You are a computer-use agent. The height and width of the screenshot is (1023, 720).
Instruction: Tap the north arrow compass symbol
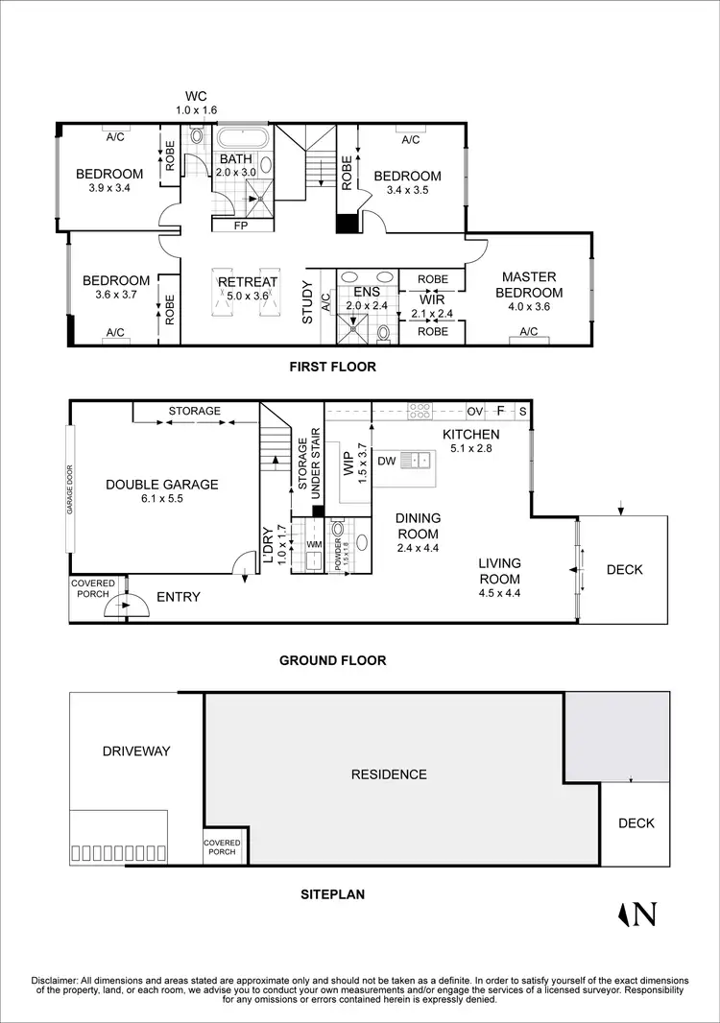click(638, 915)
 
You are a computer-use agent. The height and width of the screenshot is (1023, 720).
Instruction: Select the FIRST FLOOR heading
click(333, 367)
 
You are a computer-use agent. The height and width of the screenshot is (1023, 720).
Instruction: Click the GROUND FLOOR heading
click(332, 660)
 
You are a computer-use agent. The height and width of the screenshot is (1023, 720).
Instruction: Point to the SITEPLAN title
click(332, 893)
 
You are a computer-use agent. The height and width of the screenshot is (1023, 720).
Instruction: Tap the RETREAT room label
click(248, 282)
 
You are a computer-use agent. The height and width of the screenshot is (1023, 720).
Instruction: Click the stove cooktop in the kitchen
click(420, 411)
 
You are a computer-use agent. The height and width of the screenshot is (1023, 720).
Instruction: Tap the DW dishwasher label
click(385, 462)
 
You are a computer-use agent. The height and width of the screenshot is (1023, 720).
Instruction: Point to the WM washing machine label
click(313, 545)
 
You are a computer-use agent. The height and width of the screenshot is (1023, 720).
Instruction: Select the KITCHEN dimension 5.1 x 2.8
click(470, 448)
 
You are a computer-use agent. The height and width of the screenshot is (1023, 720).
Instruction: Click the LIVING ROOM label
click(500, 571)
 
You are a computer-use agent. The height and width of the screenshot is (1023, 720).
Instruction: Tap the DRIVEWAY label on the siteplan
click(135, 750)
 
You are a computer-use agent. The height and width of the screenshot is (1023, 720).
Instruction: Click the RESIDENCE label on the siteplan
click(388, 773)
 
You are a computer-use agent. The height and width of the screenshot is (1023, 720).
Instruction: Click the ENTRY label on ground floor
click(179, 597)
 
